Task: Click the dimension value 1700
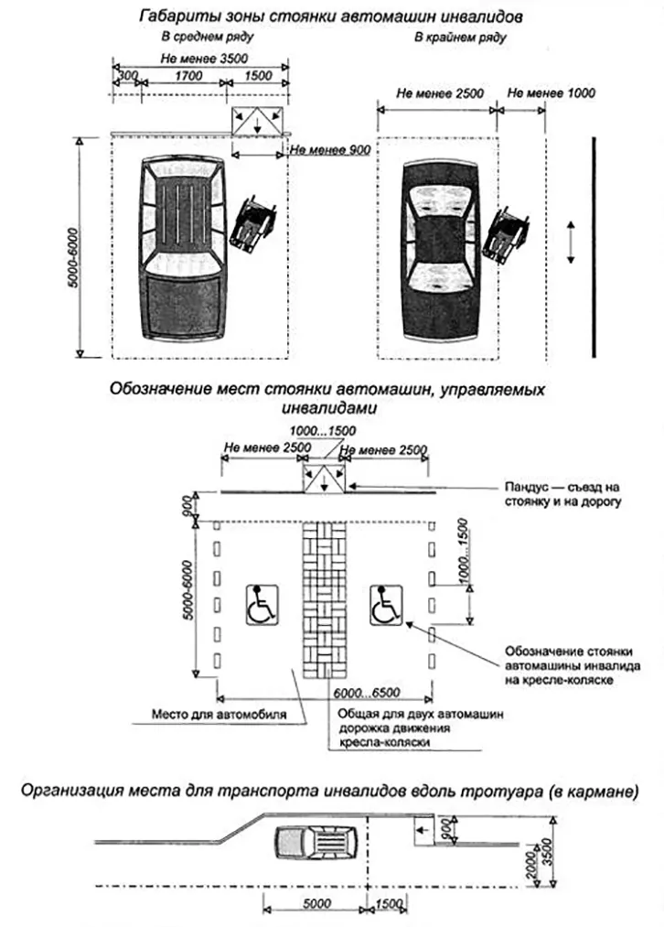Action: pos(187,78)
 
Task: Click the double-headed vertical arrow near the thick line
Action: pos(571,243)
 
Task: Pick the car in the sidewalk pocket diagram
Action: pos(320,843)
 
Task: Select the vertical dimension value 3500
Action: pos(549,855)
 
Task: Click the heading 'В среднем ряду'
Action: pos(207,38)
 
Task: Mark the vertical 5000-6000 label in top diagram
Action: pos(73,247)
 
